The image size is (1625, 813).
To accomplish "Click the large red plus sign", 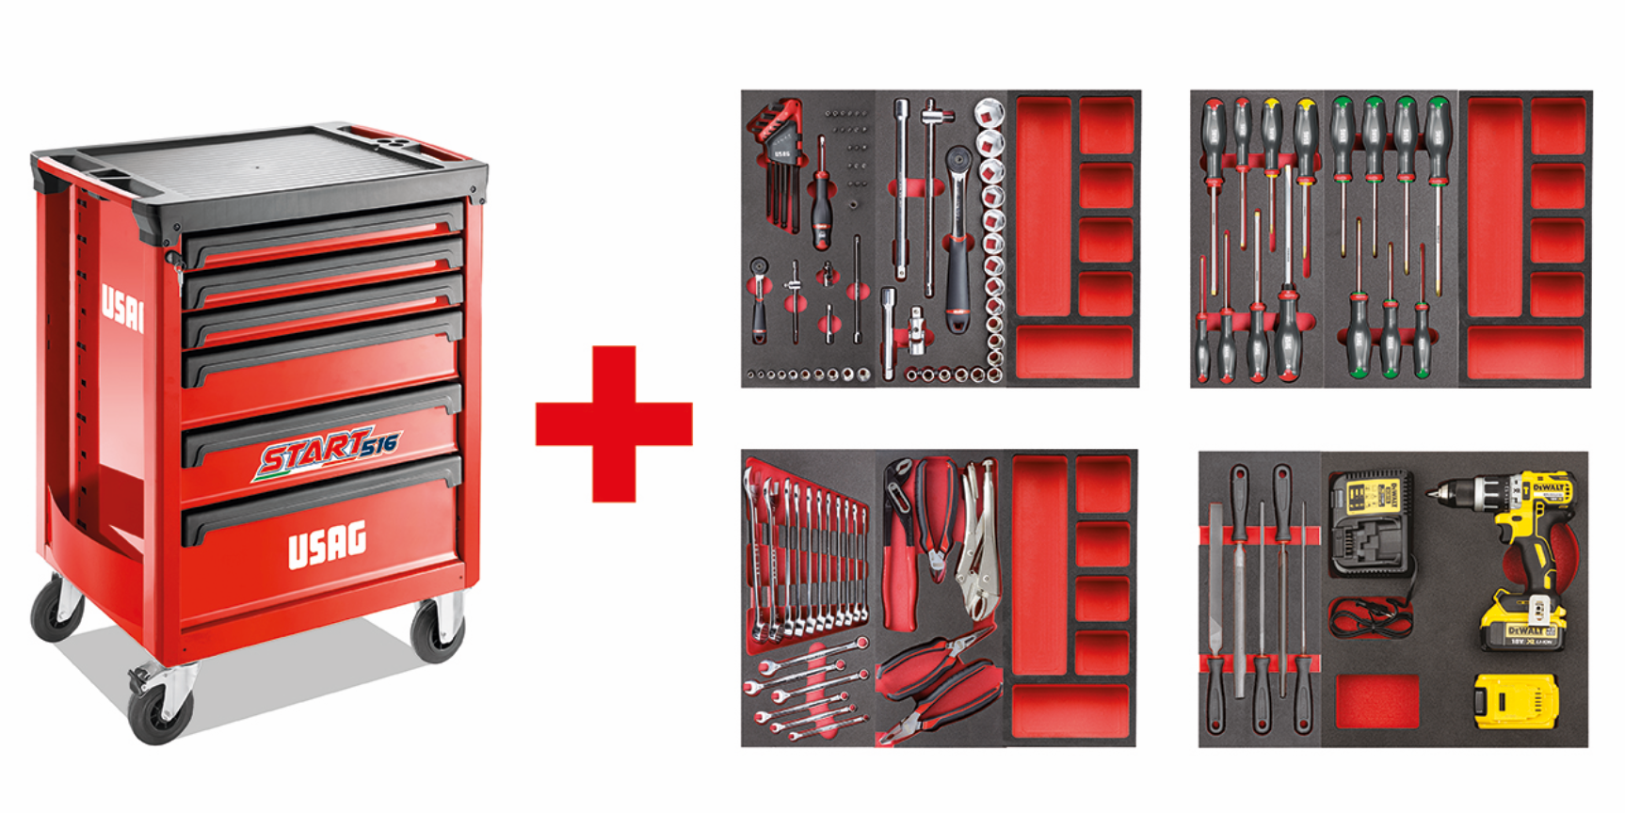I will [x=614, y=422].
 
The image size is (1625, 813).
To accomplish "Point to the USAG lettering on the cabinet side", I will [x=122, y=307].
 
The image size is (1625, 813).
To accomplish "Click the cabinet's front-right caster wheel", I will [x=439, y=628].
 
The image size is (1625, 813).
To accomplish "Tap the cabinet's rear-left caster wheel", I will [x=56, y=609].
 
